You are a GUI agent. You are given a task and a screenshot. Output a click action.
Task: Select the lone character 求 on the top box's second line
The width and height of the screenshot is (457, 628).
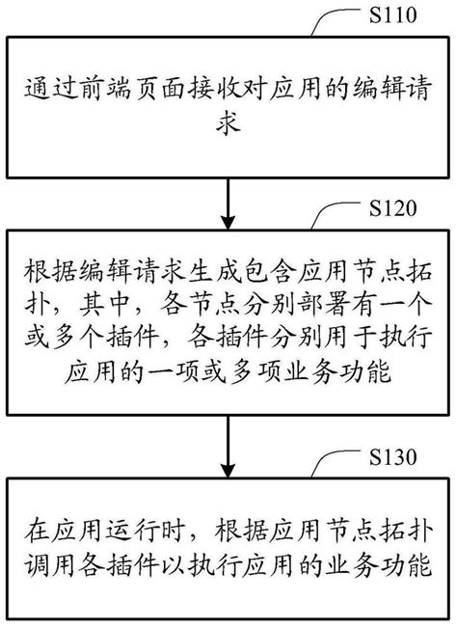(228, 126)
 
